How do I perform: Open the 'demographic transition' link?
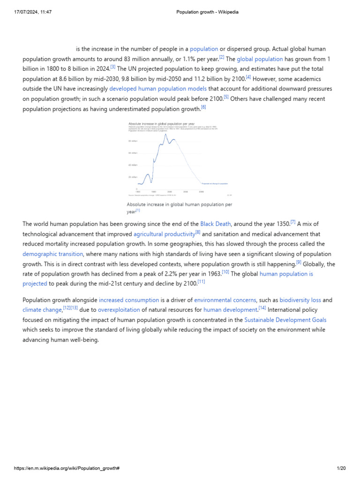click(53, 254)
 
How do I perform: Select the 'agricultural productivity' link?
click(164, 234)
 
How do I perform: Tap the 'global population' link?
click(260, 59)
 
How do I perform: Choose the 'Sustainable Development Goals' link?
click(285, 320)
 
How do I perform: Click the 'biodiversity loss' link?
click(300, 300)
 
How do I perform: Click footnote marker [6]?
click(203, 107)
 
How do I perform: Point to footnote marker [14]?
click(262, 308)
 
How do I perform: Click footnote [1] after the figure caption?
click(138, 210)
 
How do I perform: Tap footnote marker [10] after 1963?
click(226, 272)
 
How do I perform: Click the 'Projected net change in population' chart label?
click(214, 184)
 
